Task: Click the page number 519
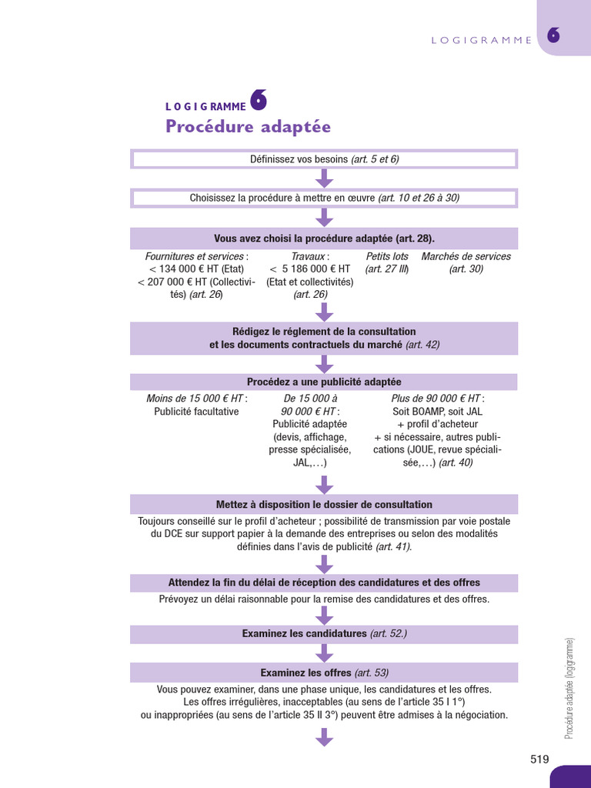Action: pyautogui.click(x=539, y=759)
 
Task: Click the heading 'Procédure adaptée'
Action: pyautogui.click(x=248, y=126)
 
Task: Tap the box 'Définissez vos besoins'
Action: pyautogui.click(x=324, y=159)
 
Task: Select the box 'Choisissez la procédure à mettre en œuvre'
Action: pyautogui.click(x=324, y=198)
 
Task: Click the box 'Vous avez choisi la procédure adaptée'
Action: pyautogui.click(x=324, y=239)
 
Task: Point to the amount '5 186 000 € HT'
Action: pyautogui.click(x=316, y=269)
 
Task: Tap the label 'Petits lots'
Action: pyautogui.click(x=387, y=256)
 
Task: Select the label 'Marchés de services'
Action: pyautogui.click(x=466, y=256)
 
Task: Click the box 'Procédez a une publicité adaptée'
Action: pyautogui.click(x=324, y=382)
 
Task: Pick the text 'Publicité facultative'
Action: pyautogui.click(x=196, y=412)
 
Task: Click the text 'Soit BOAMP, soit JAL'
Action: pyautogui.click(x=437, y=412)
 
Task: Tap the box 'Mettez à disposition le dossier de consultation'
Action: pyautogui.click(x=324, y=504)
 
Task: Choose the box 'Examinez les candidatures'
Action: pyautogui.click(x=324, y=634)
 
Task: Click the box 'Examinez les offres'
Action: pyautogui.click(x=324, y=673)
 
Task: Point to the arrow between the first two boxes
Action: pyautogui.click(x=324, y=179)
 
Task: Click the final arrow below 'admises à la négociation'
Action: pyautogui.click(x=324, y=737)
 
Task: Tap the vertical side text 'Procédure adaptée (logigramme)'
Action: pyautogui.click(x=569, y=689)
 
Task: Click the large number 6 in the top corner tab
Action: pyautogui.click(x=553, y=35)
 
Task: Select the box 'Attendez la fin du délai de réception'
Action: pyautogui.click(x=324, y=583)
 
